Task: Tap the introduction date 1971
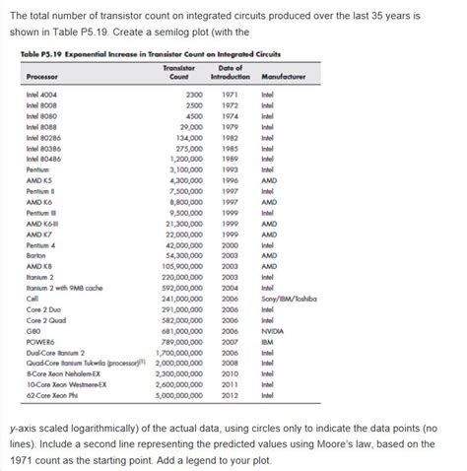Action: tap(230, 94)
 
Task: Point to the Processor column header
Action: tap(44, 76)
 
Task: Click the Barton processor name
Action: tap(38, 254)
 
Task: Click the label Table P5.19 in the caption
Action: tap(39, 55)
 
